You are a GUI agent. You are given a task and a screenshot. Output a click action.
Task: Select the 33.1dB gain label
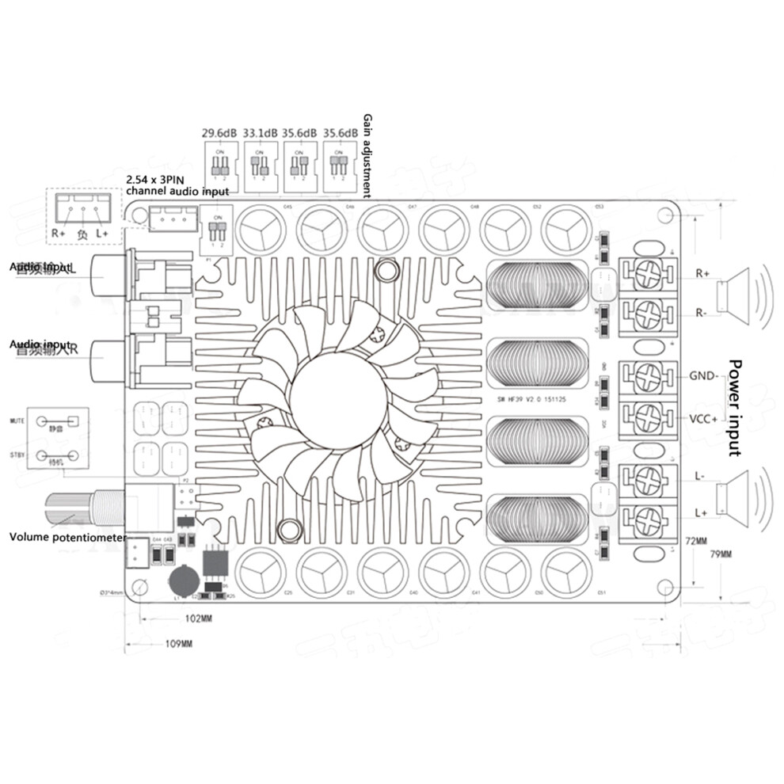(261, 133)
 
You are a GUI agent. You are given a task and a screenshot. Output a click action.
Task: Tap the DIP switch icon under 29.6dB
(221, 167)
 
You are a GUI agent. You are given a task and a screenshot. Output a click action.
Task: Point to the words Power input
(736, 408)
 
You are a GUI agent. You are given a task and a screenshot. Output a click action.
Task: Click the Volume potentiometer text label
(68, 537)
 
